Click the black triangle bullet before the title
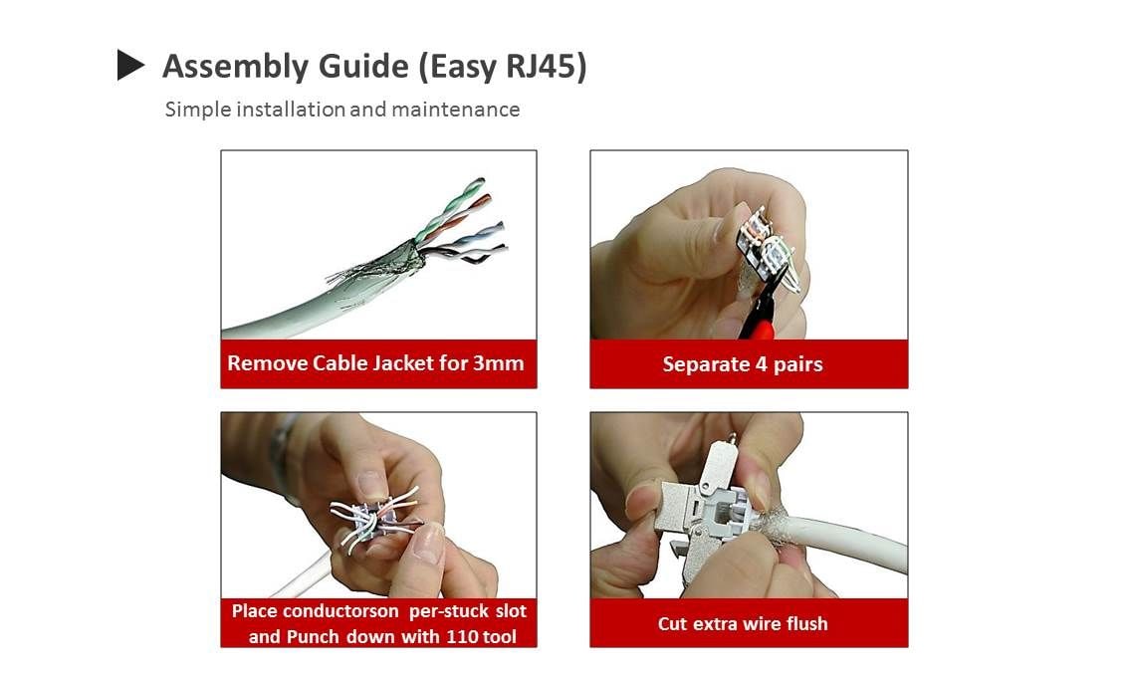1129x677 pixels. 129,65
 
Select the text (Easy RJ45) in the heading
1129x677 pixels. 502,67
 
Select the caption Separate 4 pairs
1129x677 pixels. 743,364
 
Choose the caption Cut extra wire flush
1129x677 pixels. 743,624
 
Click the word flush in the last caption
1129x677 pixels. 806,624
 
